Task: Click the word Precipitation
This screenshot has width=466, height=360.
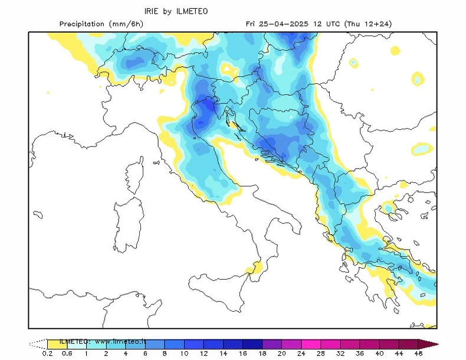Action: (82, 24)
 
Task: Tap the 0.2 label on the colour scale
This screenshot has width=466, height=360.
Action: (47, 354)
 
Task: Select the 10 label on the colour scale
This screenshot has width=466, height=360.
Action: (184, 354)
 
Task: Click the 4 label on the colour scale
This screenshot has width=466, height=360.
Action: (125, 354)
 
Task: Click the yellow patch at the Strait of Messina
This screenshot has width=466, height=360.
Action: (255, 269)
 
